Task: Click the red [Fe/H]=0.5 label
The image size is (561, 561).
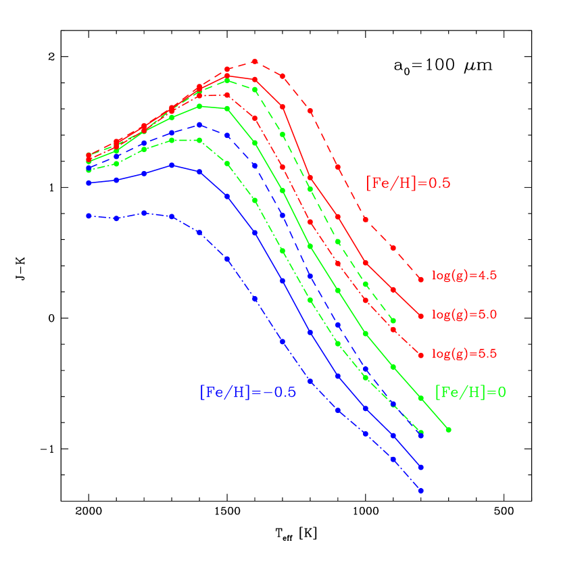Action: point(408,183)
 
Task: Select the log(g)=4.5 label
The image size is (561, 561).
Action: point(464,276)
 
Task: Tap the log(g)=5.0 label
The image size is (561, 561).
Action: point(464,315)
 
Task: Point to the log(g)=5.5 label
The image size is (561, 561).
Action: point(464,353)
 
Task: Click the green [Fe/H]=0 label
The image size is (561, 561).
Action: point(470,392)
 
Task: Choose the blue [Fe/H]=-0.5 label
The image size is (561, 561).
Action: point(247,392)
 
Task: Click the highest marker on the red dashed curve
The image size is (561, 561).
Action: point(255,62)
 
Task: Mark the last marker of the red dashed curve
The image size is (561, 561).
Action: point(420,278)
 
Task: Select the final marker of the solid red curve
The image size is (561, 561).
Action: point(420,316)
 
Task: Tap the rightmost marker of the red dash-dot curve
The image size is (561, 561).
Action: point(420,355)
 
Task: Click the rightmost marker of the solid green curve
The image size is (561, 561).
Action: point(448,430)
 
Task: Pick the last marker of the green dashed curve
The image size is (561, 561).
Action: point(393,320)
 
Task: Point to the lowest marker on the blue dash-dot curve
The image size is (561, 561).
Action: point(420,491)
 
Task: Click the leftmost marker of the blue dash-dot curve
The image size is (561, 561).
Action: point(89,216)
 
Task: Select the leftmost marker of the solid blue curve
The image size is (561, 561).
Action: point(89,182)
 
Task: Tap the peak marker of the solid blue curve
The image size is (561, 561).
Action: point(172,165)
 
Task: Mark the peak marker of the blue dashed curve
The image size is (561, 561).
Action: point(199,124)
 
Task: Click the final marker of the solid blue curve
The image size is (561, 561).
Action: point(420,467)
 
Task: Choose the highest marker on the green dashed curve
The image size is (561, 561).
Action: point(227,80)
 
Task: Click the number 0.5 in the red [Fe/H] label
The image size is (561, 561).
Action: point(439,183)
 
